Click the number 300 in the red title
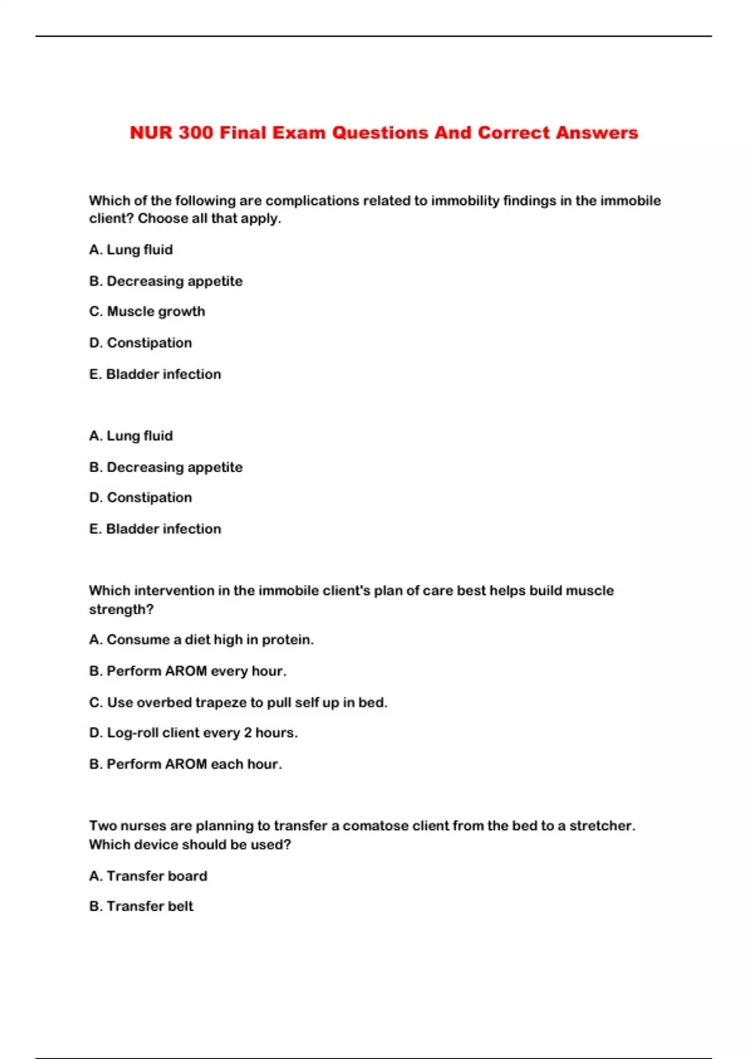pos(195,133)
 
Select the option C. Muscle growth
pos(147,311)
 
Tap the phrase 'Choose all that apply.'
pos(209,219)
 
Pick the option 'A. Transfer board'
pos(148,876)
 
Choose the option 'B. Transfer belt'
pos(141,906)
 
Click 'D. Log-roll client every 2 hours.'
pos(193,733)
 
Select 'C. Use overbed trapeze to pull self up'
pos(238,703)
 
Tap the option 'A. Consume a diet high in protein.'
pos(201,640)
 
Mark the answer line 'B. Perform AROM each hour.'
pos(186,764)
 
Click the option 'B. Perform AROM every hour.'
pos(188,672)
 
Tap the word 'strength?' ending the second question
pos(121,609)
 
